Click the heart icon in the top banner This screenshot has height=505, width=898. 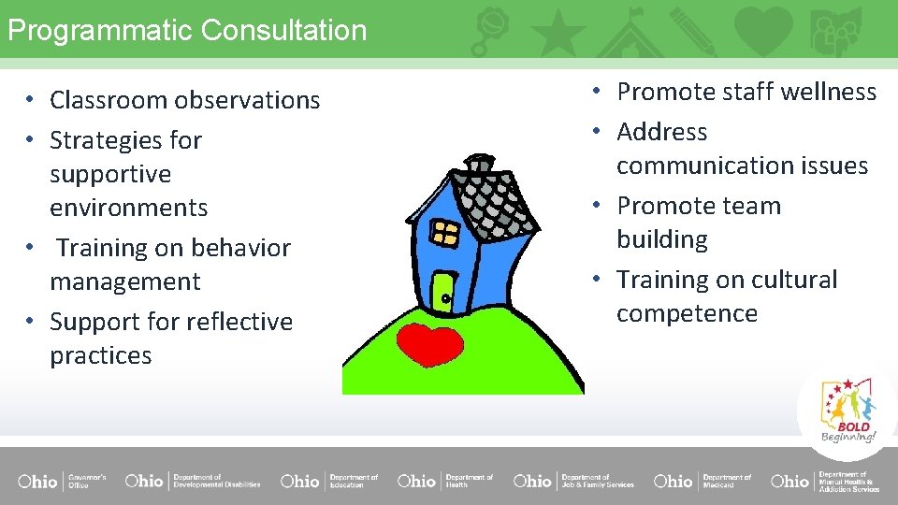(763, 30)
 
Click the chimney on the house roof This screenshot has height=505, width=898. (480, 165)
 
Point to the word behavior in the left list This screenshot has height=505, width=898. (236, 248)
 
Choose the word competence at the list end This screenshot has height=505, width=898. (687, 313)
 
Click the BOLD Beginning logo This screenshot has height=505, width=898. (848, 411)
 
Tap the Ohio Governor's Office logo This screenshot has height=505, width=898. (62, 481)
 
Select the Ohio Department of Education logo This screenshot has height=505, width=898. (329, 481)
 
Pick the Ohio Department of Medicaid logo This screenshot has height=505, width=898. (702, 481)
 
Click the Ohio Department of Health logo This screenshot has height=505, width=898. (444, 481)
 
